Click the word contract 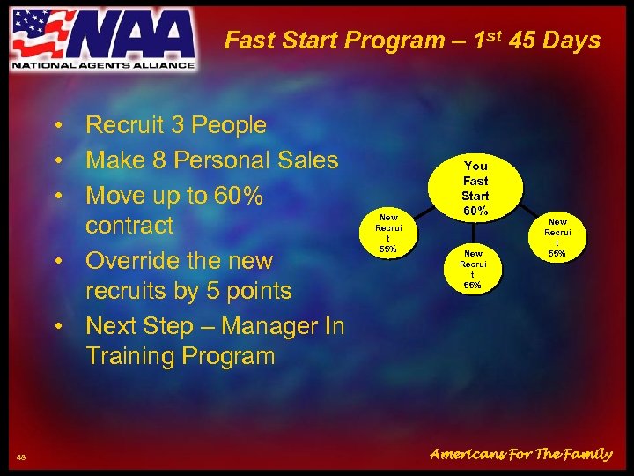click(129, 226)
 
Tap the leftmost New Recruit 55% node click(387, 233)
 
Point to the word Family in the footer click(581, 454)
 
